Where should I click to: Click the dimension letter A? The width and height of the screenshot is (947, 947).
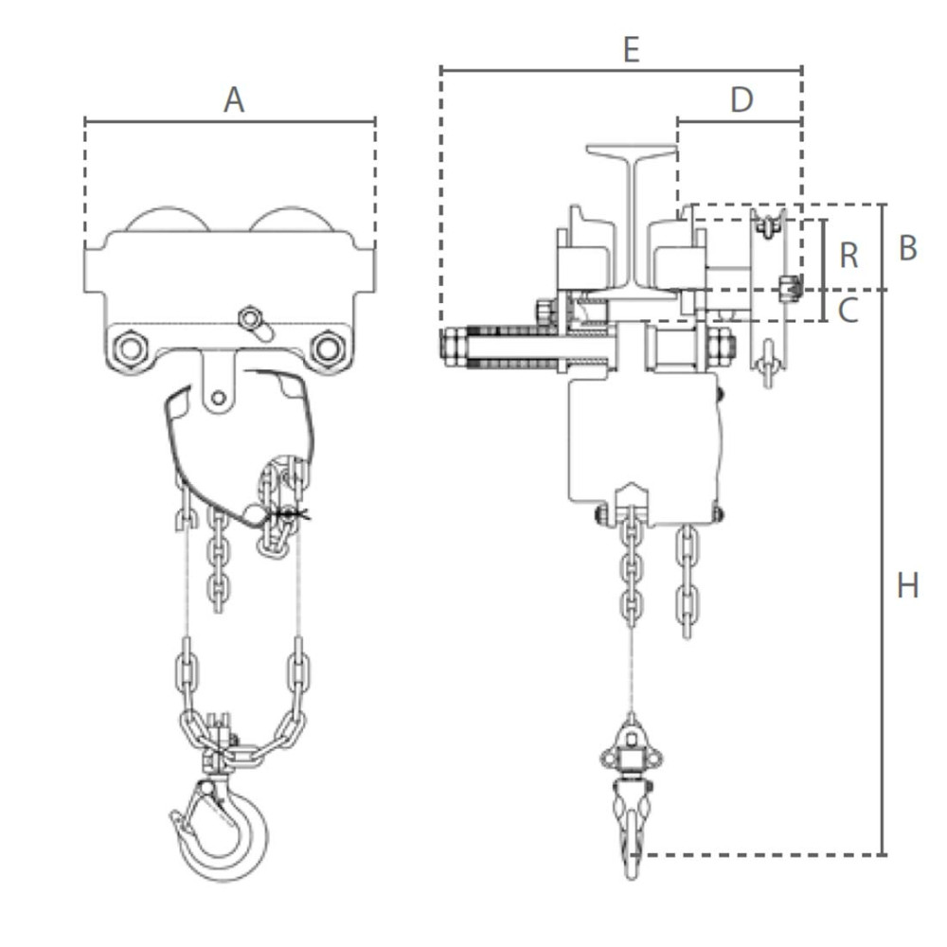click(x=233, y=99)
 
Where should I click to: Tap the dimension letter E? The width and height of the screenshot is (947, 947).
click(x=631, y=49)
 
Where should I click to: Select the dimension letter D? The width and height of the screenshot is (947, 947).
click(x=742, y=99)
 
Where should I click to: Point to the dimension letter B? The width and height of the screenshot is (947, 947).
click(x=907, y=247)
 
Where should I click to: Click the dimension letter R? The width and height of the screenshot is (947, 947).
click(x=849, y=255)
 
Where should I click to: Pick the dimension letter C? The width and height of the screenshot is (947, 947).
click(x=849, y=308)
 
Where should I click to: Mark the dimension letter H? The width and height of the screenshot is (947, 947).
click(x=907, y=586)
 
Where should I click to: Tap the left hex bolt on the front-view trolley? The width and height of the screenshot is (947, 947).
click(x=128, y=349)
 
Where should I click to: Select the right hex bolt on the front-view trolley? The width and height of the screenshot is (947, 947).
click(x=328, y=349)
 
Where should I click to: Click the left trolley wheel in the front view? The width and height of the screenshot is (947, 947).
click(x=168, y=220)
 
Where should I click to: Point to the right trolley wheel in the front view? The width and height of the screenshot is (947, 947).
click(x=291, y=220)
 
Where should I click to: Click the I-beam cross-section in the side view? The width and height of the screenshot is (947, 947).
click(x=631, y=218)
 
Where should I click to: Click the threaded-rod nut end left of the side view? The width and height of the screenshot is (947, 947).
click(x=453, y=346)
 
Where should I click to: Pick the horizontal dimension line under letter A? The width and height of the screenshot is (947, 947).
click(x=230, y=121)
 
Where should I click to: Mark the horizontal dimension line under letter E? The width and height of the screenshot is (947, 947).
click(x=621, y=69)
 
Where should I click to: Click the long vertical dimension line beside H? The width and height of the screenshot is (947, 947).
click(x=883, y=568)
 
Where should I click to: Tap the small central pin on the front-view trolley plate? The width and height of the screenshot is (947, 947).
click(x=251, y=317)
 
